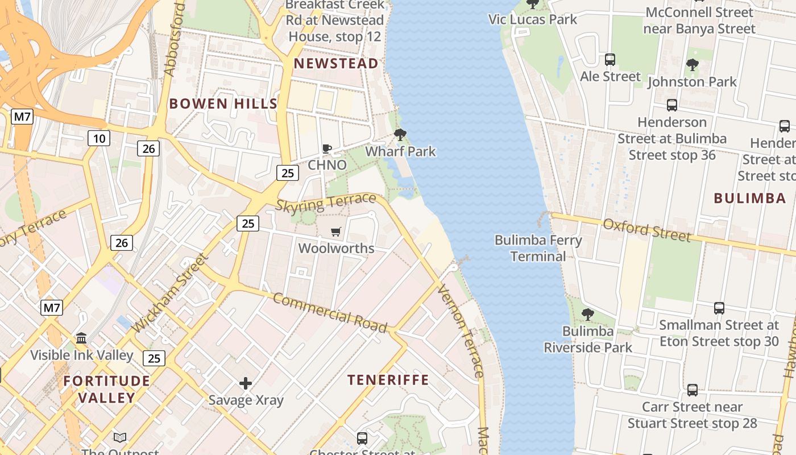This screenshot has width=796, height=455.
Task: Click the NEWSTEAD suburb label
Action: (x=336, y=64)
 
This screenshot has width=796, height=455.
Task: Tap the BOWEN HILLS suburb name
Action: (x=223, y=104)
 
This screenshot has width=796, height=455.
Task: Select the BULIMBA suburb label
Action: (x=750, y=198)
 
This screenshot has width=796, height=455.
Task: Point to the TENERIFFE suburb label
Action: (x=388, y=379)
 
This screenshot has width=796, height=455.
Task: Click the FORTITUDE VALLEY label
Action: (x=107, y=389)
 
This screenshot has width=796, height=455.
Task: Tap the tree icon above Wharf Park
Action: (x=400, y=135)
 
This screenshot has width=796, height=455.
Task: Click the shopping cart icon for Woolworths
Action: (x=336, y=231)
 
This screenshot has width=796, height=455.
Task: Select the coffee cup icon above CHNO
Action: (x=327, y=149)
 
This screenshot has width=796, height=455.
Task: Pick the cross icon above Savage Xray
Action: (x=246, y=383)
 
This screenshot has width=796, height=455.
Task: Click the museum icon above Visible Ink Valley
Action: (x=81, y=338)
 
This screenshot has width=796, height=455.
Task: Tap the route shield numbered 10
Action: (x=99, y=138)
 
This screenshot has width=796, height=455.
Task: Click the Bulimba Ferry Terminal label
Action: (x=538, y=248)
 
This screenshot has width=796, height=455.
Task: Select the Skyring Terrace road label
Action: (x=325, y=202)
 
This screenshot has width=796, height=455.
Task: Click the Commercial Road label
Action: (x=330, y=312)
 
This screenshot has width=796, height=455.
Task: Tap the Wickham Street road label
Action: (x=169, y=293)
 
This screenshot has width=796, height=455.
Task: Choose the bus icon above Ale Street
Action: (x=610, y=59)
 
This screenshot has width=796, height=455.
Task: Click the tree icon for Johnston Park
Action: (x=692, y=65)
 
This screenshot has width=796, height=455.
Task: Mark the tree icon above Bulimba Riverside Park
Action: (x=588, y=315)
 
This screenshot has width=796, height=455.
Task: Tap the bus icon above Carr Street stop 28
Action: (x=692, y=390)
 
